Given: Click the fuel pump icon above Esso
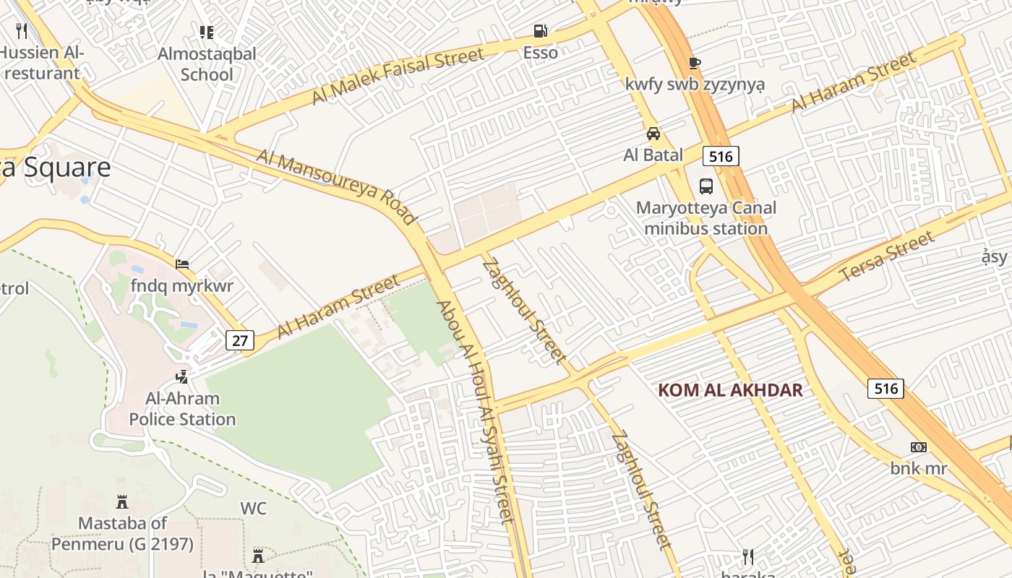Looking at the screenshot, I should point(540,31).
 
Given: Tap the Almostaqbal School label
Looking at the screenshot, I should point(207,64).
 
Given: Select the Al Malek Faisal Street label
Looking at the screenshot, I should point(398,76).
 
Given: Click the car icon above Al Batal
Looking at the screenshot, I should point(653,134).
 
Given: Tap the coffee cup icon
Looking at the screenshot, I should point(695,63).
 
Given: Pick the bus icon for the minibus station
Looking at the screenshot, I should point(706,186).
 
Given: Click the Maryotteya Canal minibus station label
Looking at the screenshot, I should point(706,218).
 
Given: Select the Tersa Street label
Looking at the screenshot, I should point(887,257).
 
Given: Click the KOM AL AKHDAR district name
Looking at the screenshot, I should point(730,391).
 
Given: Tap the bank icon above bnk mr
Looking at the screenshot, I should point(919,447).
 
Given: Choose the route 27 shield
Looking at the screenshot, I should point(240,340).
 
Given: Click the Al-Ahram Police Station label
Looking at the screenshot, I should point(182,409).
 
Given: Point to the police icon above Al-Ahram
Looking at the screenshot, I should point(182,376).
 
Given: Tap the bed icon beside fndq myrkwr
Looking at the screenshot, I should point(182,264).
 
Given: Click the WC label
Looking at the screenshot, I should point(254,509).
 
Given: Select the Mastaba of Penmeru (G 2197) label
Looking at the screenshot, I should point(122,533).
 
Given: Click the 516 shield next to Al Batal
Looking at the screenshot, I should point(721,156).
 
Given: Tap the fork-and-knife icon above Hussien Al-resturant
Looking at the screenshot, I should point(22,30).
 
